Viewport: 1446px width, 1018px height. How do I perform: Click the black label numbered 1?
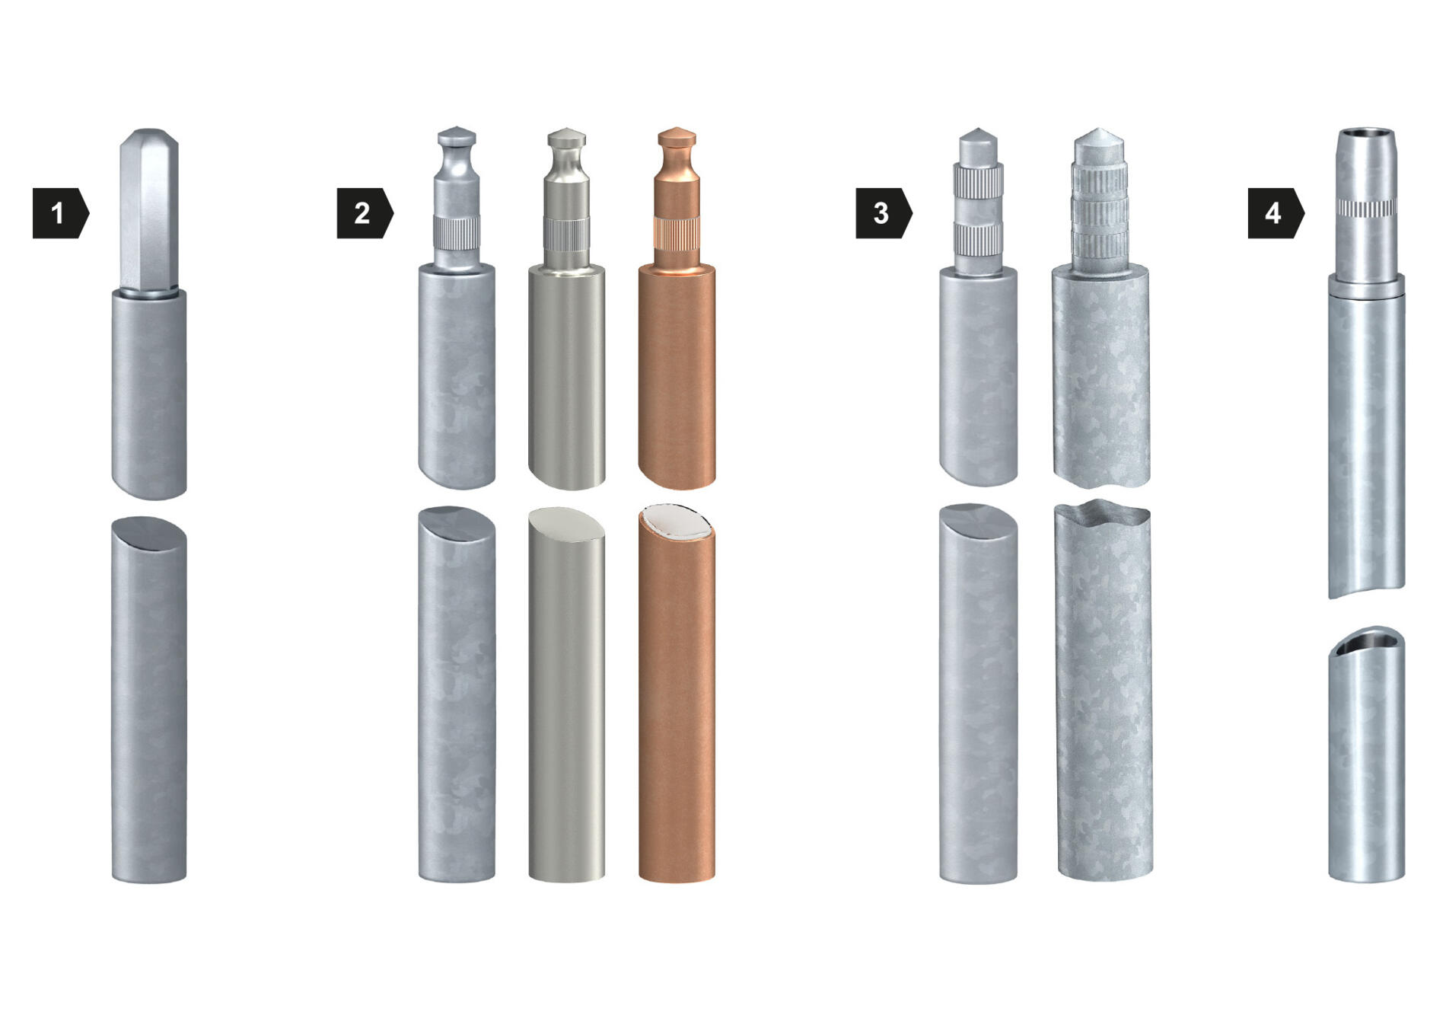coord(60,213)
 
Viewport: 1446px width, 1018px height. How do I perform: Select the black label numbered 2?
coord(365,213)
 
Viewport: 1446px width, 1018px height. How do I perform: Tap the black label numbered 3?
coord(884,213)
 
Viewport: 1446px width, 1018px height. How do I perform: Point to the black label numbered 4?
coord(1276,213)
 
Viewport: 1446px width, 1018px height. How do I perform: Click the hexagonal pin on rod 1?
coord(149,210)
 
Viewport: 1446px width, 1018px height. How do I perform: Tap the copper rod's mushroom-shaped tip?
coord(677,138)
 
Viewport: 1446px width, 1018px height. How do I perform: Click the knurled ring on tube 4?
coord(1367,208)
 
